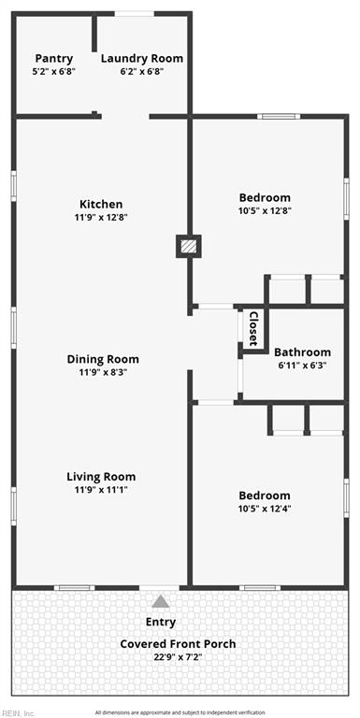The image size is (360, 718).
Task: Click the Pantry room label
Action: pos(54,59)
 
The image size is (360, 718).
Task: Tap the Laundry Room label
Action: pos(142,59)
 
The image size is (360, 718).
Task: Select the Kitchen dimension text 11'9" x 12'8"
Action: pos(101,217)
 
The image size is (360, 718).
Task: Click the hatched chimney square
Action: pos(189,247)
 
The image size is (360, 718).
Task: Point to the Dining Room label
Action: pos(103,359)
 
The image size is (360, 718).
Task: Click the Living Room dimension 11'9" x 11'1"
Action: pos(101,490)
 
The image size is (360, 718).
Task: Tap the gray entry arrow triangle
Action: pos(160,601)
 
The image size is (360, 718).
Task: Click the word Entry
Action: pos(161,623)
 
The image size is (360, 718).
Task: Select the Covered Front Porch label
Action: pos(179,644)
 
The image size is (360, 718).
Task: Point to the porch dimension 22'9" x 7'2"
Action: pos(179,657)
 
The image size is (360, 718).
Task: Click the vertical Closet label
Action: pos(253,328)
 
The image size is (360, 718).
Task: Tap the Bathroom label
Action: pos(302,352)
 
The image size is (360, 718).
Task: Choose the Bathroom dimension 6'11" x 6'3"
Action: pos(303,366)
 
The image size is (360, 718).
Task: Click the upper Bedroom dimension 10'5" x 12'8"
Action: pos(266,210)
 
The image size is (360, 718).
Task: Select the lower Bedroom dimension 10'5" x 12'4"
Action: pos(266,509)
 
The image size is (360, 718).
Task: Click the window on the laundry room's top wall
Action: pos(135,14)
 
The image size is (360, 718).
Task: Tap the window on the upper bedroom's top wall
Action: pos(279,116)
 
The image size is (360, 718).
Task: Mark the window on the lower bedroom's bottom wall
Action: pos(260,587)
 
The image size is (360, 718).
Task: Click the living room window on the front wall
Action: pos(75,587)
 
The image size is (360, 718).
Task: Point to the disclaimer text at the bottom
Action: pos(180,713)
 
